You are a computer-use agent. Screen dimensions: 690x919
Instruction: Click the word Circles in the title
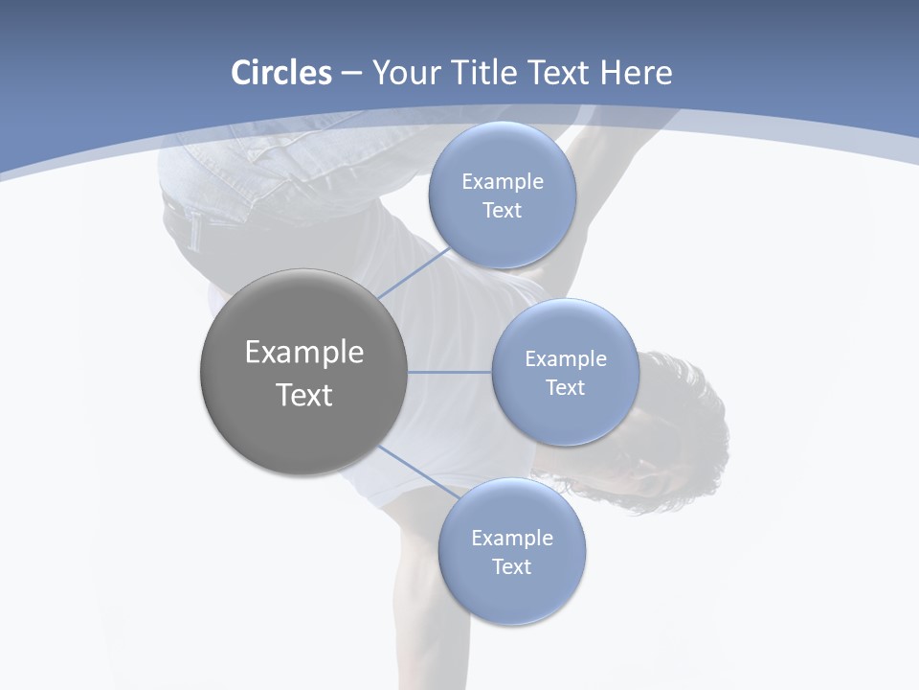(280, 73)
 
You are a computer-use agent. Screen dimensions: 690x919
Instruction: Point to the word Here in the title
(636, 73)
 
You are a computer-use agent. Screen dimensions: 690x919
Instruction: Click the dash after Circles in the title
(351, 74)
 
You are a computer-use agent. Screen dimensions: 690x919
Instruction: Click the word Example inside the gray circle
(304, 353)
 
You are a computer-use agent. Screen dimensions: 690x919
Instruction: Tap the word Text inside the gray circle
(304, 395)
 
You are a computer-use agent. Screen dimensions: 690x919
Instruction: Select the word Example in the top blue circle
(503, 182)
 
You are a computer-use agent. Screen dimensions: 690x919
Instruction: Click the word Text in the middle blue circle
(565, 387)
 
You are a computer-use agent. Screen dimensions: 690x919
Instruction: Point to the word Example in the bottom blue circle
(512, 538)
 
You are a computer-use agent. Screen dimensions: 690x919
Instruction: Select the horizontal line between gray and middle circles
(449, 372)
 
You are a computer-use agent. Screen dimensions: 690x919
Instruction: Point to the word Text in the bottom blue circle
(511, 566)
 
